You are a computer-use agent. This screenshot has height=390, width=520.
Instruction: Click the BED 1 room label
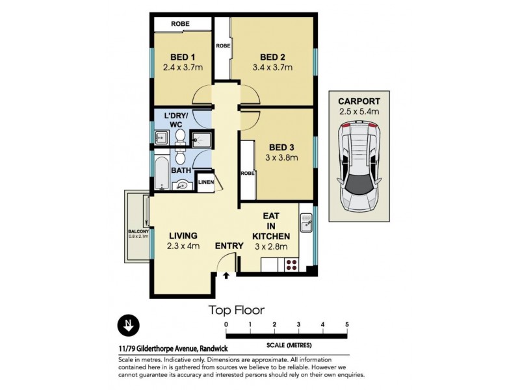coord(179,57)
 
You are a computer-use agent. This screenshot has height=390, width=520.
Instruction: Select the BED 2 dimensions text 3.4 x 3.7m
coord(272,68)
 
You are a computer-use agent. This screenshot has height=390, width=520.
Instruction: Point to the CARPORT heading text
coord(359,101)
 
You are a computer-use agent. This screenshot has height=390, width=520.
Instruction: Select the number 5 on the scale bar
coord(347,324)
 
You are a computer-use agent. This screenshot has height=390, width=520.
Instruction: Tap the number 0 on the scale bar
coord(226,324)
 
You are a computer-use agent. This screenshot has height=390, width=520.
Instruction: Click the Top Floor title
coord(236,310)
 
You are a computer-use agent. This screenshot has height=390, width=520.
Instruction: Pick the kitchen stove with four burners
coord(290,265)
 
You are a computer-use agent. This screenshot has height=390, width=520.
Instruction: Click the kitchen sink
coord(306,226)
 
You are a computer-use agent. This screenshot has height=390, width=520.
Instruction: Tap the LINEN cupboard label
coord(205,183)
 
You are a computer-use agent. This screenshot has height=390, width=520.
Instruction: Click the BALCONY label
coord(138,231)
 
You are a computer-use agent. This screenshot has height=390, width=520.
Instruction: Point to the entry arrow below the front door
coord(226,276)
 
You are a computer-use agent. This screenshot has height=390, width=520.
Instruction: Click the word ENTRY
coord(229,246)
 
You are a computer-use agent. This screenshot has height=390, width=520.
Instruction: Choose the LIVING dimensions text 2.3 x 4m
coord(184,246)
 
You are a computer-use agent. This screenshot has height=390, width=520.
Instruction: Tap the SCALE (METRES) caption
coord(287,344)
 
